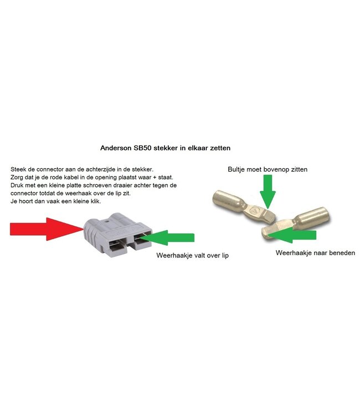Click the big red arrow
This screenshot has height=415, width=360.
[44, 228]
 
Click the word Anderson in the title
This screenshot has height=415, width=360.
[118, 148]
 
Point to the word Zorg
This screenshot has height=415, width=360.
[17, 177]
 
